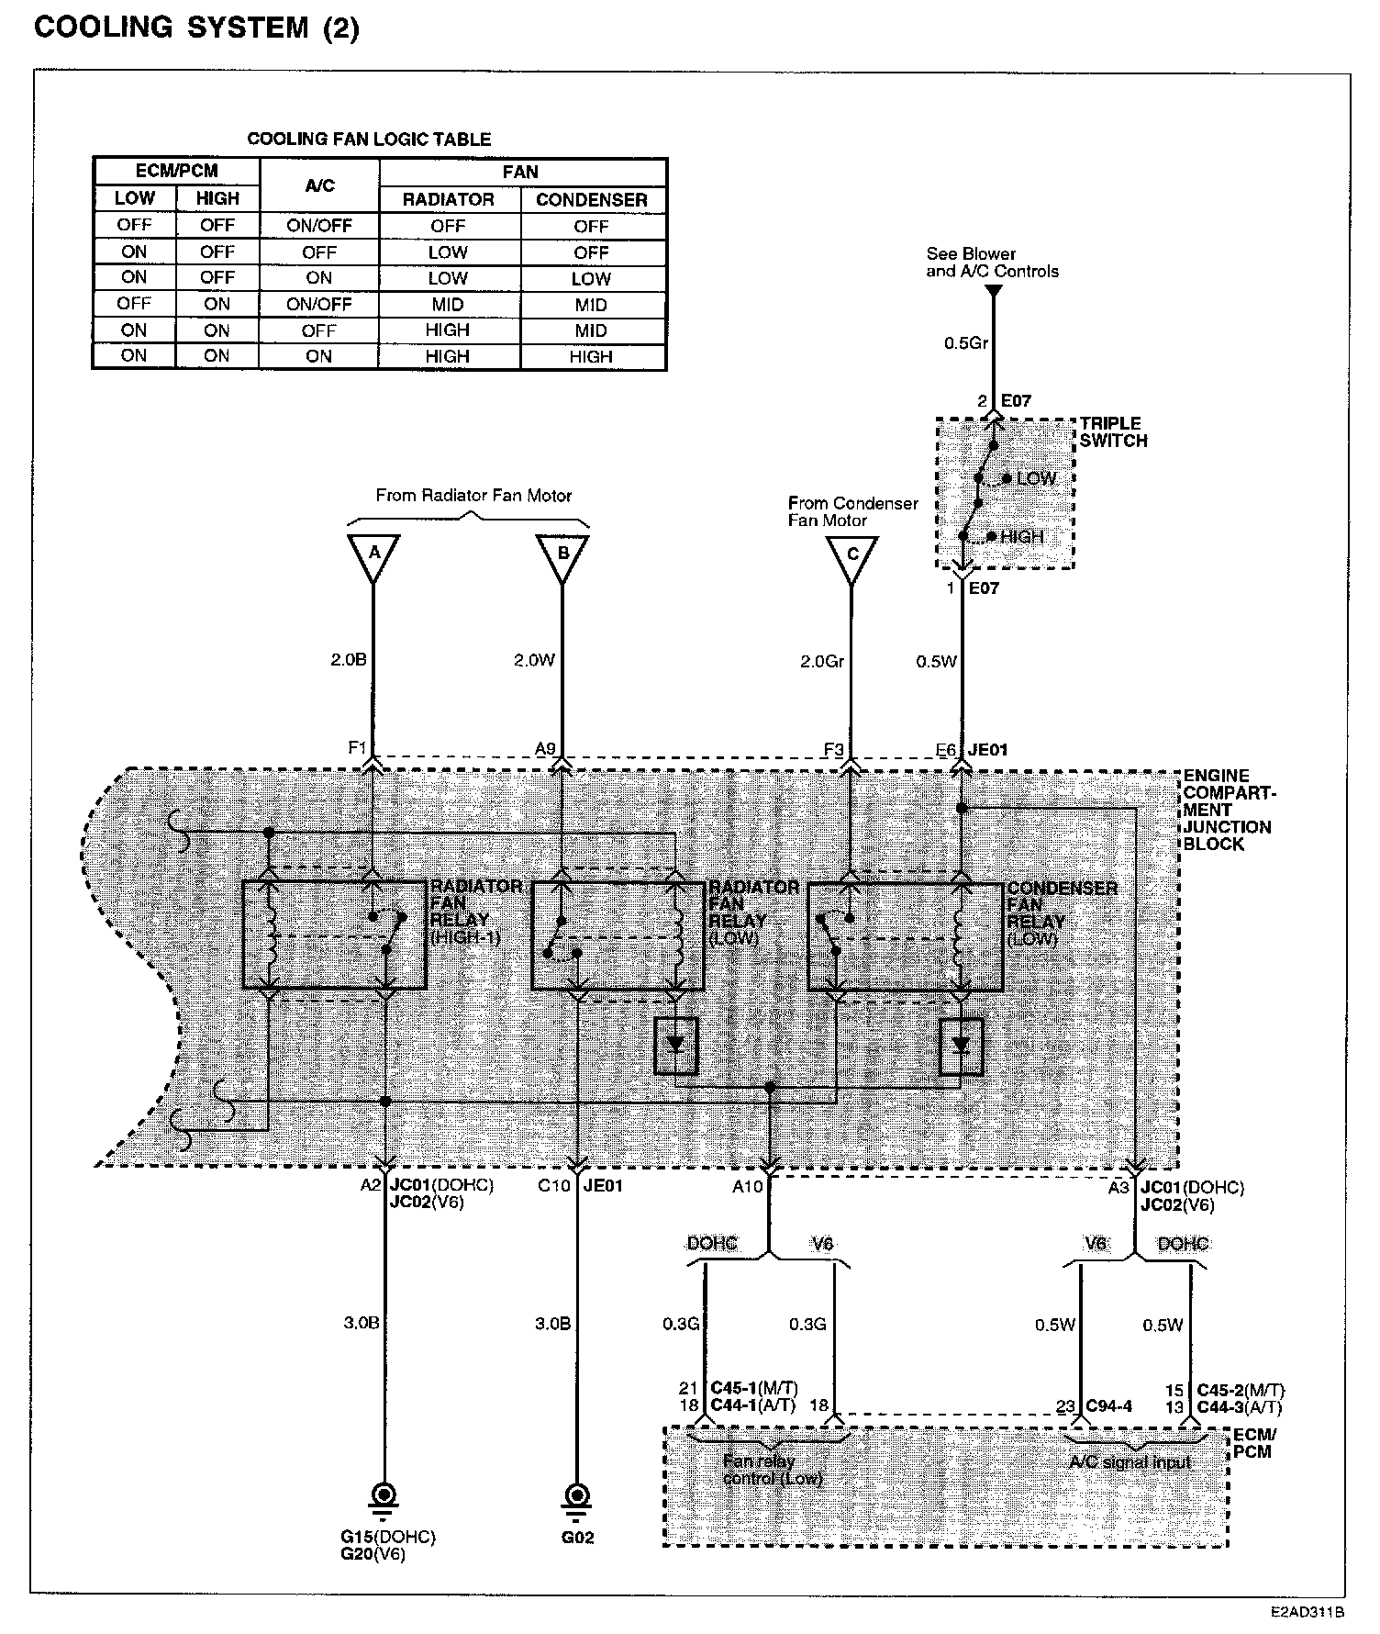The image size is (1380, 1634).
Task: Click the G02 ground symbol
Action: [x=577, y=1494]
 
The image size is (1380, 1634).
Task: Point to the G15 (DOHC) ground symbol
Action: [x=384, y=1494]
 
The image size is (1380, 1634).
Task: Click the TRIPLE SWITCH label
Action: [x=1113, y=432]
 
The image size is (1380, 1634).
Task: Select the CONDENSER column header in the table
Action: [x=592, y=200]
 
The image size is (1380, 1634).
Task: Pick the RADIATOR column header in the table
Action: [x=449, y=200]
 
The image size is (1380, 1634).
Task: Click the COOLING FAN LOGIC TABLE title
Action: [x=369, y=140]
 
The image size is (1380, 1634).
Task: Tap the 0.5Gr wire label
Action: [x=966, y=343]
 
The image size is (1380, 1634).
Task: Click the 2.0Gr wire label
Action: [x=821, y=661]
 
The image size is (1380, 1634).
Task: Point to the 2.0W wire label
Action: [x=534, y=661]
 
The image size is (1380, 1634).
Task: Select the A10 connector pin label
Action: [x=747, y=1187]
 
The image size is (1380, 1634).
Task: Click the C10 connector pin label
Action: [x=554, y=1186]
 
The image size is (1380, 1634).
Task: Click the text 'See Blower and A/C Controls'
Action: [x=992, y=263]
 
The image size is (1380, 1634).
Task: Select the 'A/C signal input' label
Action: [x=1130, y=1463]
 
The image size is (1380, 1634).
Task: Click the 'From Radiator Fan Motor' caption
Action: [x=473, y=496]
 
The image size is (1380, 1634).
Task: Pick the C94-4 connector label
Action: [x=1109, y=1406]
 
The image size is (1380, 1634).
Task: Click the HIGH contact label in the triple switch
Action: [x=1022, y=537]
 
